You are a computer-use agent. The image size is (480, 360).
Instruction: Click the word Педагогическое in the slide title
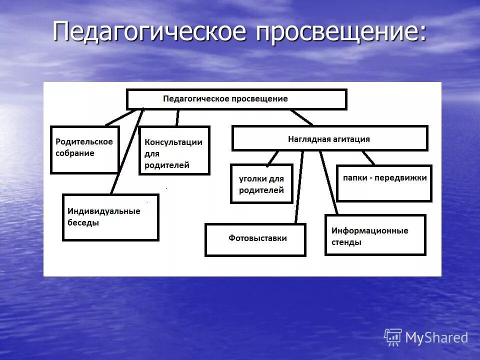tap(150, 32)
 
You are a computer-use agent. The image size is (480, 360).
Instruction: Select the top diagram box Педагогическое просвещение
tap(236, 99)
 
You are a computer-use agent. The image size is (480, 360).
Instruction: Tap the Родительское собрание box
tap(84, 149)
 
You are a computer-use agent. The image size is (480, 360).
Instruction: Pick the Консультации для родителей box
tap(173, 150)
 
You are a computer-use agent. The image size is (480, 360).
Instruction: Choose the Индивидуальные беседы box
tap(110, 217)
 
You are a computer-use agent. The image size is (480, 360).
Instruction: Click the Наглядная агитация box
tap(329, 138)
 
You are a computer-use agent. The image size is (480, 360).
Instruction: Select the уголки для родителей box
tap(261, 183)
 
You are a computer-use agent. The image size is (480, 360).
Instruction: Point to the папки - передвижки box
tap(383, 183)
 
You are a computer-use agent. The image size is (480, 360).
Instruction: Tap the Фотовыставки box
tap(255, 239)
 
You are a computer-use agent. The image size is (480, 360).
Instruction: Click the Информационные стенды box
tap(375, 235)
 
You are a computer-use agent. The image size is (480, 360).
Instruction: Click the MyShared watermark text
tap(436, 338)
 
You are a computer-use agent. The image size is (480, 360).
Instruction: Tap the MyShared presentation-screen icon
tap(393, 337)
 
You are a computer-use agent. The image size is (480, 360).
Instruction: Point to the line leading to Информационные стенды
tap(329, 182)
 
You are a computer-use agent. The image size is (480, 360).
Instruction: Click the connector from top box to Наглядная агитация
tap(301, 117)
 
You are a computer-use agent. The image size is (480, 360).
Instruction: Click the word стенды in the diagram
tap(346, 242)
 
